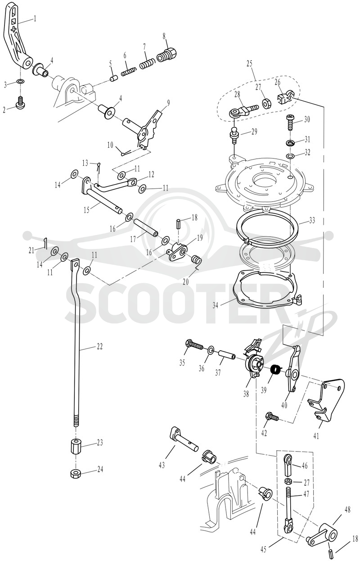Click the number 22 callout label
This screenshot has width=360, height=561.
(x=99, y=347)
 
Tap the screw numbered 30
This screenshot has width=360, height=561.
(x=290, y=122)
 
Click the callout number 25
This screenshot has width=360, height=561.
(x=249, y=63)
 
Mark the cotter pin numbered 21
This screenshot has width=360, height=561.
(x=45, y=243)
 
